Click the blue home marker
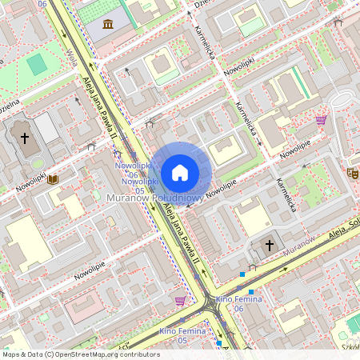click(x=180, y=173)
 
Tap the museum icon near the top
click(x=107, y=25)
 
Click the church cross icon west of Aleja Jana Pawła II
click(x=25, y=138)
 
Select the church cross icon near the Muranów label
click(x=270, y=244)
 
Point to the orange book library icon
click(x=53, y=180)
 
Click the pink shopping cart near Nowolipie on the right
click(x=321, y=120)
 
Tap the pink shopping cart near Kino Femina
click(x=180, y=301)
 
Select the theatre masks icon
click(x=352, y=171)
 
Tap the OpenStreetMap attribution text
click(x=81, y=354)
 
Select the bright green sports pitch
click(x=37, y=64)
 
